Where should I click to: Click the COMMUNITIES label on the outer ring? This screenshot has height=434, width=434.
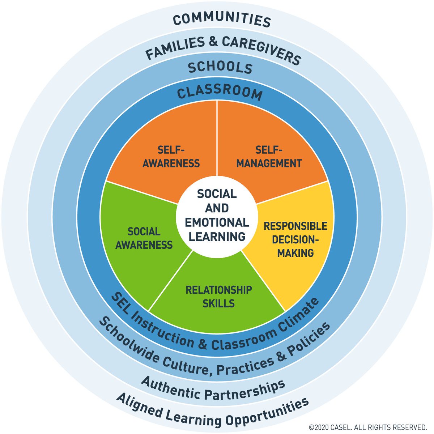tap(222, 20)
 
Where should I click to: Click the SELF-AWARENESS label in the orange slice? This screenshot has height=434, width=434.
tap(171, 156)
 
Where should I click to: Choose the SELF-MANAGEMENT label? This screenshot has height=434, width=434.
tap(269, 156)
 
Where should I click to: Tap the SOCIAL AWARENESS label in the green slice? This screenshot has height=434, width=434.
tap(144, 238)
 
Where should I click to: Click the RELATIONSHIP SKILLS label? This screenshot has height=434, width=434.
tap(218, 297)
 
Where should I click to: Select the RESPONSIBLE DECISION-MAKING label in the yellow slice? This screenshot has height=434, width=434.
tap(295, 239)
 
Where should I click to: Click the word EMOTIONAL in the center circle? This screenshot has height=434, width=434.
tap(217, 222)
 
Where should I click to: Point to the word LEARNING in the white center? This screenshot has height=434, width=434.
tap(217, 237)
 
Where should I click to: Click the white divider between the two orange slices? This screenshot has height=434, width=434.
tap(217, 138)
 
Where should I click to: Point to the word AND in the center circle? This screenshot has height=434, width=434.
tap(217, 208)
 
